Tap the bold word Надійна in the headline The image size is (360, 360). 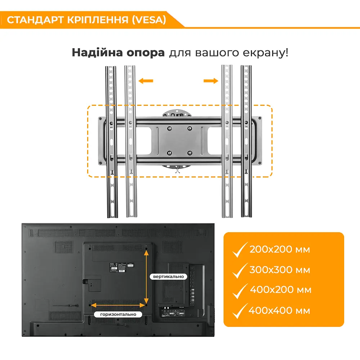97,53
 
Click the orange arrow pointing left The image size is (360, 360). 146,81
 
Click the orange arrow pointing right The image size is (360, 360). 211,81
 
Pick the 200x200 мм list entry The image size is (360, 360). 280,249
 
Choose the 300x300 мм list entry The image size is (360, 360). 280,270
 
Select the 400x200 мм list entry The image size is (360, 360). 280,290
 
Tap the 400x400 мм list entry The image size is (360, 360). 279,311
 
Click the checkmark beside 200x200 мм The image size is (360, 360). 240,250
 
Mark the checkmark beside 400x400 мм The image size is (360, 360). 240,311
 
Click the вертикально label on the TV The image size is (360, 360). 168,276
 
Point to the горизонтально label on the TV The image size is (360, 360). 118,314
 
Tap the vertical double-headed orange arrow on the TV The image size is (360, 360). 146,277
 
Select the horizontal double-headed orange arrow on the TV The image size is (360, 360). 118,305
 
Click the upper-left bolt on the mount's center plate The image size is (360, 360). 170,129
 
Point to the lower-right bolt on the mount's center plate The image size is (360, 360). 190,153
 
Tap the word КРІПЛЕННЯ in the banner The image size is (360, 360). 98,20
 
